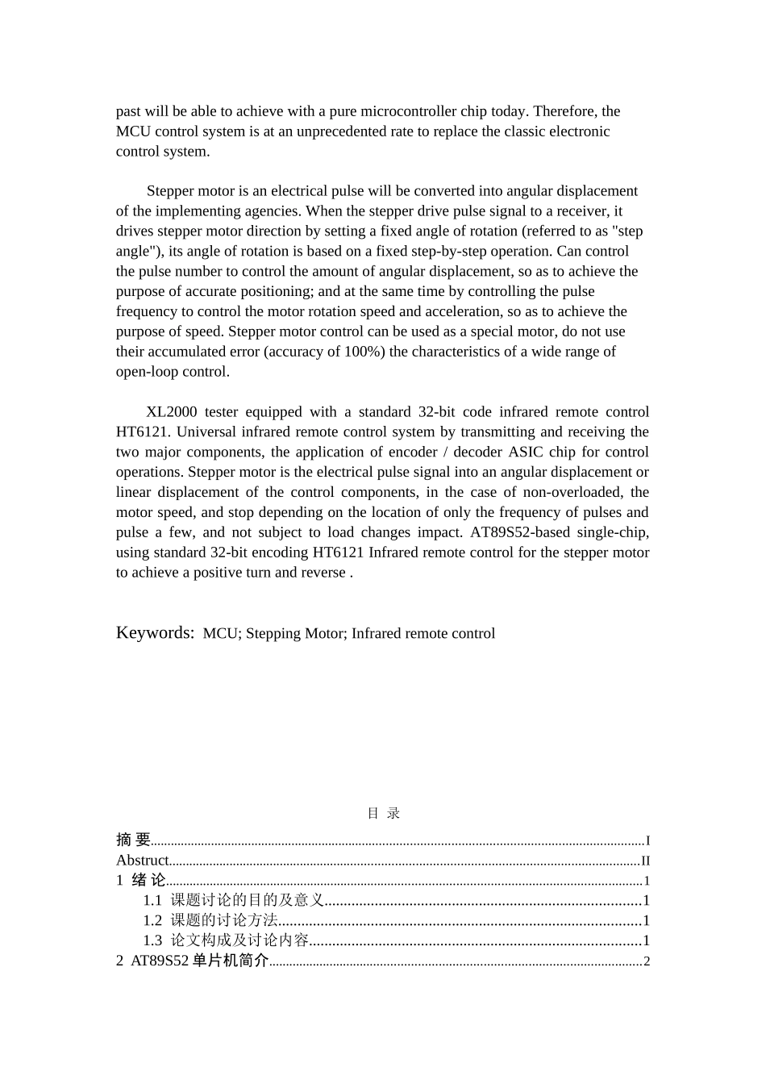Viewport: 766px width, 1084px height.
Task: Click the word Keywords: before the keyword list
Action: [155, 632]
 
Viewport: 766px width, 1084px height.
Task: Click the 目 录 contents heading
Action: [383, 813]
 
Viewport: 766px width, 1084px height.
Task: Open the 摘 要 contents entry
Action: [133, 840]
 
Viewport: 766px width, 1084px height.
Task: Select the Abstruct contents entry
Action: [142, 860]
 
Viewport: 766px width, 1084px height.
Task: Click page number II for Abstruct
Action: [645, 861]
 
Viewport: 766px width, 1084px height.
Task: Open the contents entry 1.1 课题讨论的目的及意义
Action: [234, 900]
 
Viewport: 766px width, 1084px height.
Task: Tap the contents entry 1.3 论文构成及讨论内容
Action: [226, 940]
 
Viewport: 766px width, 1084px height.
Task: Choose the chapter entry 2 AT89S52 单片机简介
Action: [192, 961]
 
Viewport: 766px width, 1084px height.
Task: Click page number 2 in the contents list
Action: [646, 961]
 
